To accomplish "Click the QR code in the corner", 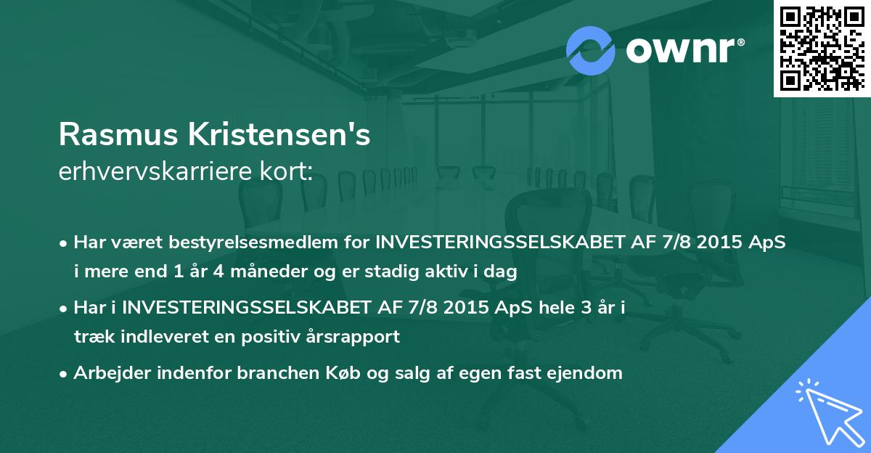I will pos(822,49).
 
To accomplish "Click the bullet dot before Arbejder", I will pos(65,375).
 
